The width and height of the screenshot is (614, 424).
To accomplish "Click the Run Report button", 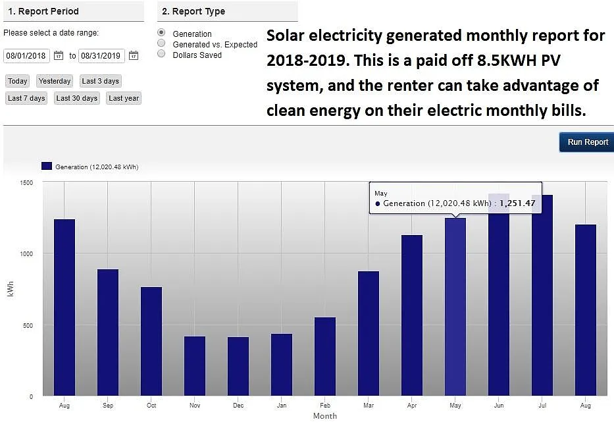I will pos(587,142).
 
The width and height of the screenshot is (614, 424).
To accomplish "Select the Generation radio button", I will pos(161,33).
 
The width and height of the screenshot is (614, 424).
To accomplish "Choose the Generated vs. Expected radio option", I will pos(161,43).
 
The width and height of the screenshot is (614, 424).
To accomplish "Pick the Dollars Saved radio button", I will pos(161,54).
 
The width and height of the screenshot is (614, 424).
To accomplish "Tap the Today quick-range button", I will pos(18,81).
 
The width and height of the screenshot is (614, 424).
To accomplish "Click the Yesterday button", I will pos(55,81).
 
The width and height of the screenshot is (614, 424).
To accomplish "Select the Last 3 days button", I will pos(101,81).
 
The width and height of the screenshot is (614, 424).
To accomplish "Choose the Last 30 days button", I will pos(77,98).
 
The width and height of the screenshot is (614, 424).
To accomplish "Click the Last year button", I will pos(124,98).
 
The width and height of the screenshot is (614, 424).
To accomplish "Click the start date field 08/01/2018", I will pos(26,56).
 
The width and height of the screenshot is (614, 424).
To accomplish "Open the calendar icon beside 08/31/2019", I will pos(134,56).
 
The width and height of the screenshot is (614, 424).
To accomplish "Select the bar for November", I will pos(195,365).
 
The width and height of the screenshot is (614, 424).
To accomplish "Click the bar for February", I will pos(325,356).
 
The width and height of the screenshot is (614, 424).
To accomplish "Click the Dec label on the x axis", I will pos(238,406).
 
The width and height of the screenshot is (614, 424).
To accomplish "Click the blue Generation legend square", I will pos(46,167).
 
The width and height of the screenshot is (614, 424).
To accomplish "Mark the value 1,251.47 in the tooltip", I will pos(517,203).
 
